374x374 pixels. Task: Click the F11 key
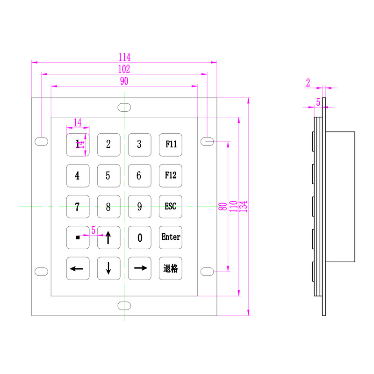(171, 144)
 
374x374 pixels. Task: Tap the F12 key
(171, 176)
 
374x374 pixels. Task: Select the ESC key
(171, 207)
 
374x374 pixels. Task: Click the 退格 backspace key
(171, 268)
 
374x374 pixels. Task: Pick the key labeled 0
(139, 237)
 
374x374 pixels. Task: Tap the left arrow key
(77, 268)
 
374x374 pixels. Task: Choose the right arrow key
(139, 268)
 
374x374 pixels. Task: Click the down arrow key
(108, 268)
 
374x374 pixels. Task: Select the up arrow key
(108, 237)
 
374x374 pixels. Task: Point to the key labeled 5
(108, 176)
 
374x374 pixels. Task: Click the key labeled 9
(139, 207)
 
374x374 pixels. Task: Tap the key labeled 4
(77, 176)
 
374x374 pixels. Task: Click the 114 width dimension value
(124, 57)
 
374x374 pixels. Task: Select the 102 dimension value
(124, 69)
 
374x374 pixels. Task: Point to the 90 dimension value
(124, 81)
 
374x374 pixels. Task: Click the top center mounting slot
(124, 107)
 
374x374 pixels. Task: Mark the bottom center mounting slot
(124, 306)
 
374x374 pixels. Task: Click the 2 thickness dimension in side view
(308, 83)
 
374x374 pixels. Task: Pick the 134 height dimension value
(243, 206)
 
